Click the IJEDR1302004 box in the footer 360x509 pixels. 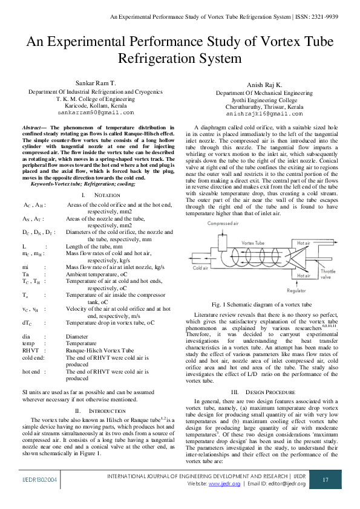pos(41,479)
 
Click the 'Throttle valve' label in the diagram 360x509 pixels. pos(328,275)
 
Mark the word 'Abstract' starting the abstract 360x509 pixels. pos(33,128)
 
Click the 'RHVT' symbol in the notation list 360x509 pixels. pos(31,350)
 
